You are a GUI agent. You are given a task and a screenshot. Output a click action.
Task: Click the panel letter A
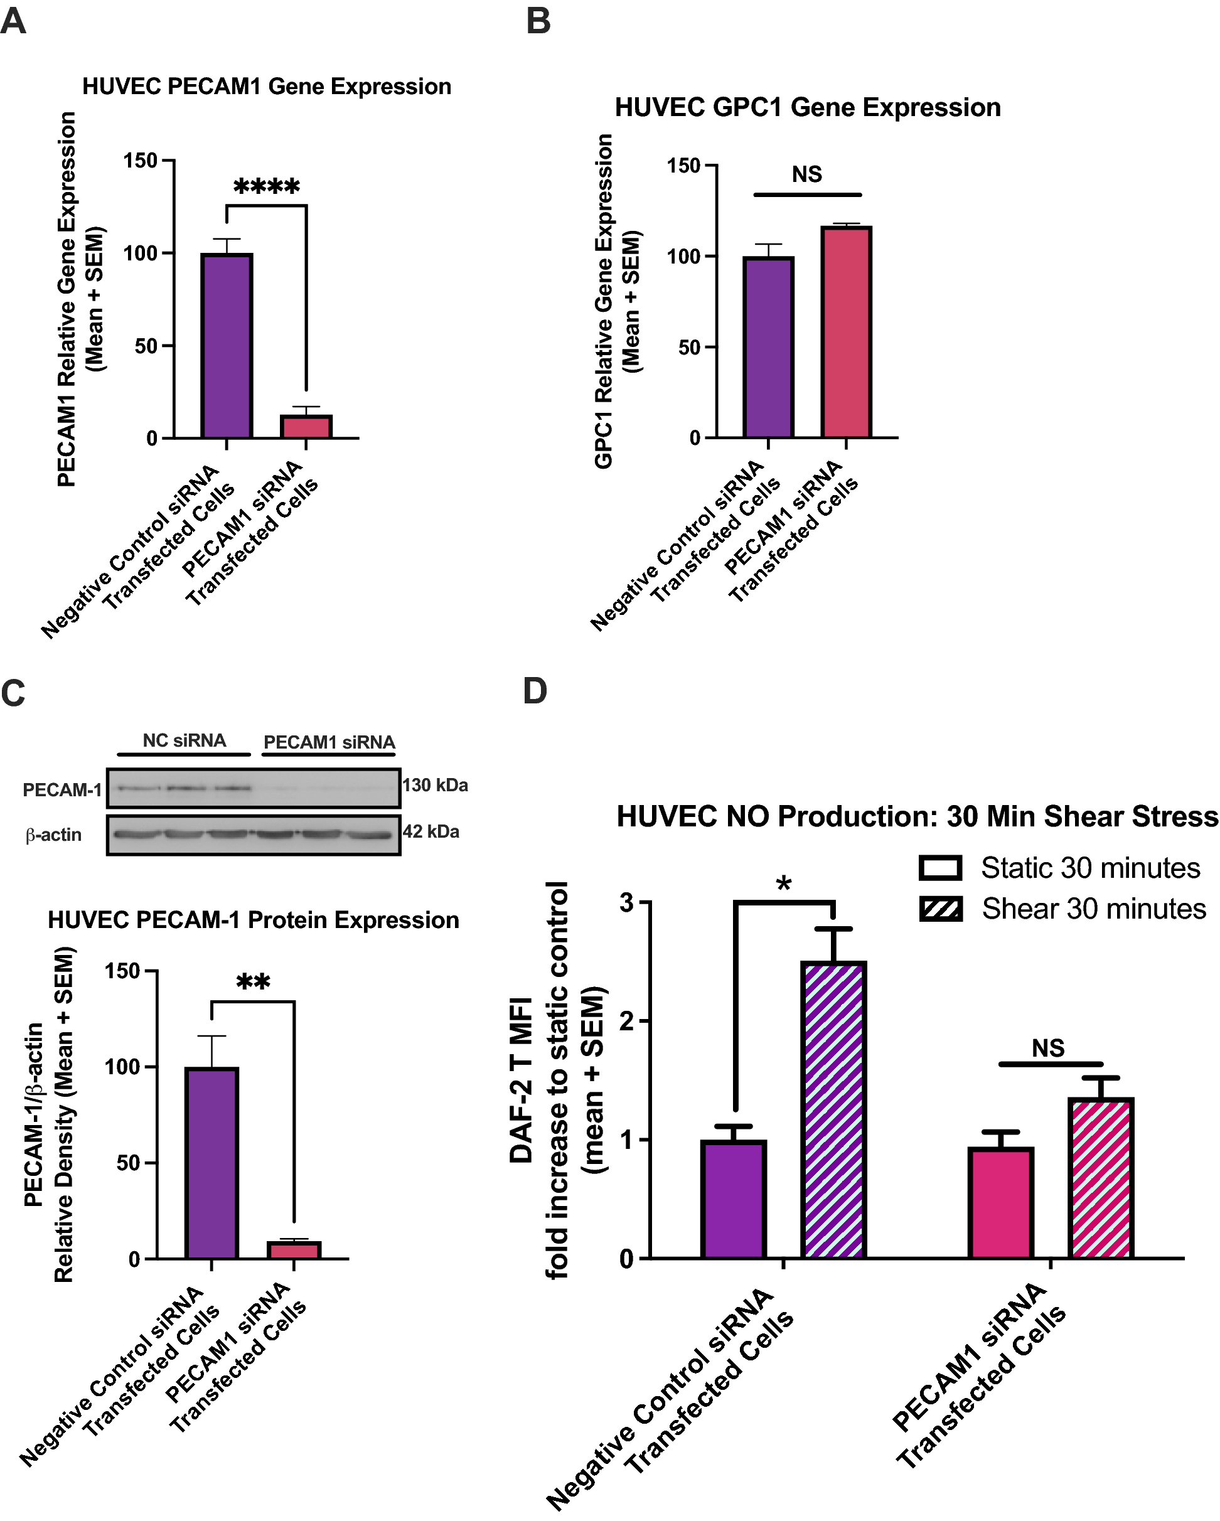tap(13, 21)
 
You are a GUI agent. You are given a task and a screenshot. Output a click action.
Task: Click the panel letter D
tap(535, 691)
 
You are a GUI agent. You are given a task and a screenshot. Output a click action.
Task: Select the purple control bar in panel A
tap(227, 346)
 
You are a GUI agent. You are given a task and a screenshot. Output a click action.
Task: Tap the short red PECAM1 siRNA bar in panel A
tap(306, 427)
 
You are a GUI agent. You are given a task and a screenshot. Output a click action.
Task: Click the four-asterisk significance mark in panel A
tap(267, 187)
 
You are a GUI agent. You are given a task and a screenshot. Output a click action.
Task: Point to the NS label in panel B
tap(806, 174)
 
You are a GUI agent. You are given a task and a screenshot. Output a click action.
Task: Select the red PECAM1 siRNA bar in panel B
tap(846, 331)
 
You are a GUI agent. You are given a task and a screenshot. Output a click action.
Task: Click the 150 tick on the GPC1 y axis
tap(683, 166)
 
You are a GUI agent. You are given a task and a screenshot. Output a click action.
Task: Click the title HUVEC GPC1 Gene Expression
tap(807, 108)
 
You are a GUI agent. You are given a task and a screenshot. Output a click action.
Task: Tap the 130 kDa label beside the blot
tap(435, 785)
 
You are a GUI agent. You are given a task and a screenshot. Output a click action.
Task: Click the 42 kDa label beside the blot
tap(431, 832)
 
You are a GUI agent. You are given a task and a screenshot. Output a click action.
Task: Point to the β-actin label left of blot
tap(53, 835)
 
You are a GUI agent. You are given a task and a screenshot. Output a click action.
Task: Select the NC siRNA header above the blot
tap(184, 741)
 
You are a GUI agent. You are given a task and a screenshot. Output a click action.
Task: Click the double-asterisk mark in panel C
tap(253, 982)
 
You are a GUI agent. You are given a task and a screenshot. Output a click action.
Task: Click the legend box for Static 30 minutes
tap(940, 868)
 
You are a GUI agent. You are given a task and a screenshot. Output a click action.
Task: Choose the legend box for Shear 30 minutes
tap(940, 909)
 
